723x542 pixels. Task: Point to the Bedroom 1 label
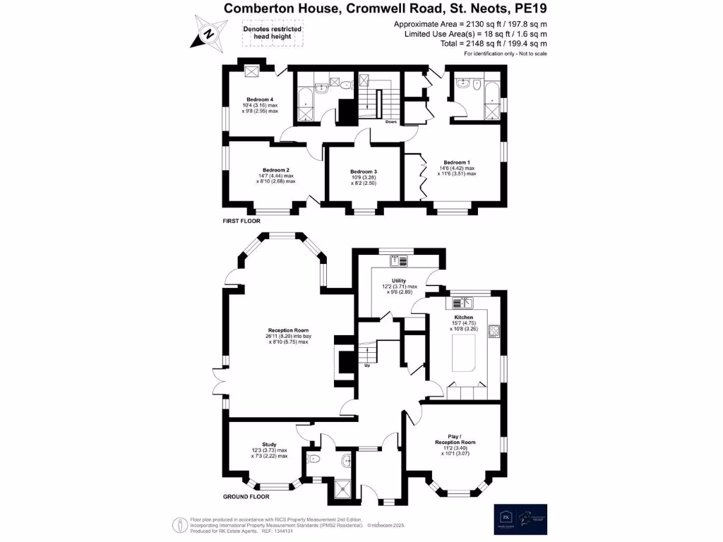click(456, 162)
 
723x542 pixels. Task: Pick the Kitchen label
click(464, 318)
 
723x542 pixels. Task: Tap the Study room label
click(269, 445)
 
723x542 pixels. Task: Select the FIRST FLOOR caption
click(241, 221)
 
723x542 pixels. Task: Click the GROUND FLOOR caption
click(246, 497)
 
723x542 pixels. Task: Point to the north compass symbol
click(208, 33)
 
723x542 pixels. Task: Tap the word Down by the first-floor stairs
click(390, 121)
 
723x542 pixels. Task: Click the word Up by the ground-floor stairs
click(367, 366)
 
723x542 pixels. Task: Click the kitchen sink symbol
click(467, 302)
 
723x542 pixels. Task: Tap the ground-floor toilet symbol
click(314, 459)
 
